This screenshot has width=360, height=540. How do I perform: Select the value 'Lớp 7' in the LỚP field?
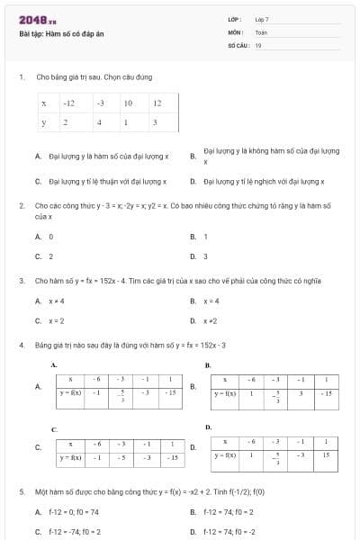[x=262, y=19]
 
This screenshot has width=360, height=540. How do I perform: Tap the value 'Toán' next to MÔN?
[x=261, y=31]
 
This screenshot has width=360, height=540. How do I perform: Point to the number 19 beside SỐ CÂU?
[x=258, y=44]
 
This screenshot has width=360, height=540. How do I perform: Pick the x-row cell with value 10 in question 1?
[x=129, y=103]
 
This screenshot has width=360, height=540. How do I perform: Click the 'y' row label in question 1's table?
[x=43, y=121]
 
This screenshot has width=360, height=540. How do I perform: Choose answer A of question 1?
[x=102, y=156]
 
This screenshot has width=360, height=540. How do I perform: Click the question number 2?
[x=21, y=205]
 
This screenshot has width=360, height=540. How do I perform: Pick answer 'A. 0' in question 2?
[x=44, y=237]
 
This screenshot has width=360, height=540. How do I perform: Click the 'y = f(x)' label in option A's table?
[x=70, y=393]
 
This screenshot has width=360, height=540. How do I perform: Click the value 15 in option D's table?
[x=326, y=455]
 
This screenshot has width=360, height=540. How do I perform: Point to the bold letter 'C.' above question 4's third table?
[x=54, y=430]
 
